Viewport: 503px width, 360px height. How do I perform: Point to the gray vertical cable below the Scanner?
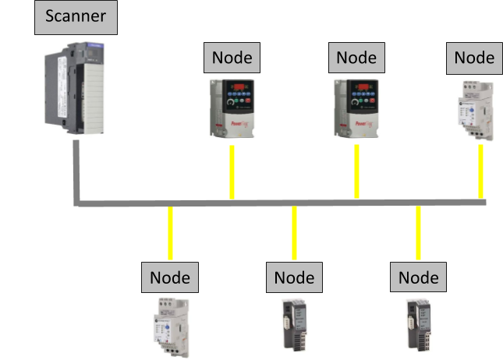[x=76, y=184]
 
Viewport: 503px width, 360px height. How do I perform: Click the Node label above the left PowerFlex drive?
[x=232, y=58]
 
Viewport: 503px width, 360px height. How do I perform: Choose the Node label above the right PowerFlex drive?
[x=356, y=58]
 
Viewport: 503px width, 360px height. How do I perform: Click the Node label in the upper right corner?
[x=474, y=58]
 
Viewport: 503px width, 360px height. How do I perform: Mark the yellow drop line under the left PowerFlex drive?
[x=232, y=171]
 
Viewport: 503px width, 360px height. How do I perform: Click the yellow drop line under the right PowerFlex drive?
[x=356, y=171]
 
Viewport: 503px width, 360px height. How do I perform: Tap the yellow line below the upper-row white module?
[x=480, y=171]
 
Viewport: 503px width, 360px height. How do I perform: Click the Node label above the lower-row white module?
[x=170, y=277]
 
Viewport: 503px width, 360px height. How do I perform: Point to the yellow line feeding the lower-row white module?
[x=170, y=234]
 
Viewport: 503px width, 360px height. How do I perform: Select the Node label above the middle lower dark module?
[x=294, y=277]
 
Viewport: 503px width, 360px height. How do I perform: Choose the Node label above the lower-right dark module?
[x=419, y=277]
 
